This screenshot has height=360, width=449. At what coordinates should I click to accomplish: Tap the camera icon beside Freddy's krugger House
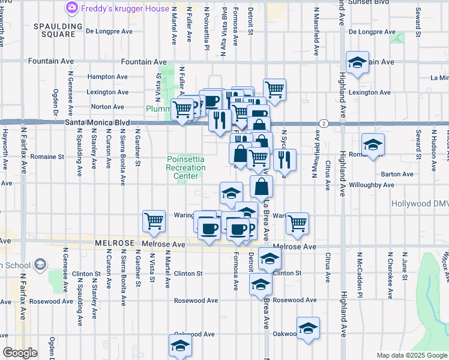(71, 8)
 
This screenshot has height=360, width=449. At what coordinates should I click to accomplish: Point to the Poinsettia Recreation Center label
(185, 167)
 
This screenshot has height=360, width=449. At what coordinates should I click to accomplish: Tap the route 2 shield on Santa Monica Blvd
(323, 123)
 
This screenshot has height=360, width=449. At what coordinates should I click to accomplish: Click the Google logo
(20, 353)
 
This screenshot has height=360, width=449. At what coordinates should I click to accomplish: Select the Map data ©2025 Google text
(412, 355)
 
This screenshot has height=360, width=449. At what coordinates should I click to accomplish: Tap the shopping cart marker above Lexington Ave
(274, 89)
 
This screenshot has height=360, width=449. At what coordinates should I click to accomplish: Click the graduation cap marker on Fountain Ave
(357, 62)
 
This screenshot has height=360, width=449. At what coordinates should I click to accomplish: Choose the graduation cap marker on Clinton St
(270, 258)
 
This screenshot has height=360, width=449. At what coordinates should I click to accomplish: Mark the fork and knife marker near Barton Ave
(285, 160)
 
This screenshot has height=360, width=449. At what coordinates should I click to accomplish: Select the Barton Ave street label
(399, 174)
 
